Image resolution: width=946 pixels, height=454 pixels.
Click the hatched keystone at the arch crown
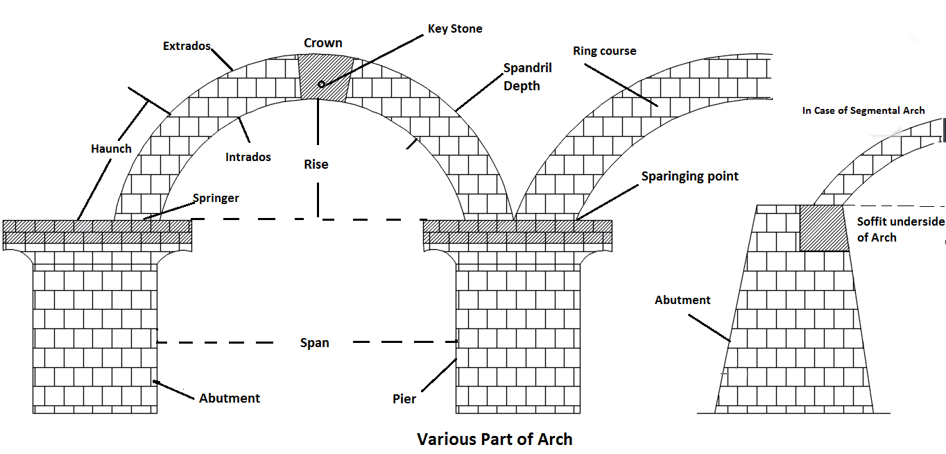click(325, 78)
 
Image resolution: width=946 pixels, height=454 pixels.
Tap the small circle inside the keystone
click(321, 84)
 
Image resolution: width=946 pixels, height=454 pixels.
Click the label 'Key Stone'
click(455, 28)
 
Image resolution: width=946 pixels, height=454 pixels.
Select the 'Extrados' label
click(187, 46)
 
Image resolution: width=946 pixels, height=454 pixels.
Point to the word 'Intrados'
click(248, 157)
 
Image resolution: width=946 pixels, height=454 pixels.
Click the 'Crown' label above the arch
click(323, 43)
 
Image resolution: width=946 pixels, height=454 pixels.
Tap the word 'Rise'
click(316, 165)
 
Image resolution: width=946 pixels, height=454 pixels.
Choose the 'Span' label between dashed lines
click(315, 343)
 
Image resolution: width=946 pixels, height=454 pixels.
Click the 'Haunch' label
click(111, 149)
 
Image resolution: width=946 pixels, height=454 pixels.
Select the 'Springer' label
click(216, 198)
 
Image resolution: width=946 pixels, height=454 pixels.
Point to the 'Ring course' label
click(604, 51)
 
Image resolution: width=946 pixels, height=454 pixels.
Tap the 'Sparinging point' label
click(689, 176)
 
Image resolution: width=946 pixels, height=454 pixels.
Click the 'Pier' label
click(404, 398)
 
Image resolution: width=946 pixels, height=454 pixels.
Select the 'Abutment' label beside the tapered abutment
click(682, 300)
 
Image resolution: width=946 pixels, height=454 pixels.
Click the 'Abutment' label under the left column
click(230, 398)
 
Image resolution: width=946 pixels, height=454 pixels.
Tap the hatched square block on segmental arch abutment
click(824, 228)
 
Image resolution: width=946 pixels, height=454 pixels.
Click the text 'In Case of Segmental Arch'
click(863, 110)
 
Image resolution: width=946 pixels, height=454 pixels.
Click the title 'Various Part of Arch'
click(495, 439)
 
